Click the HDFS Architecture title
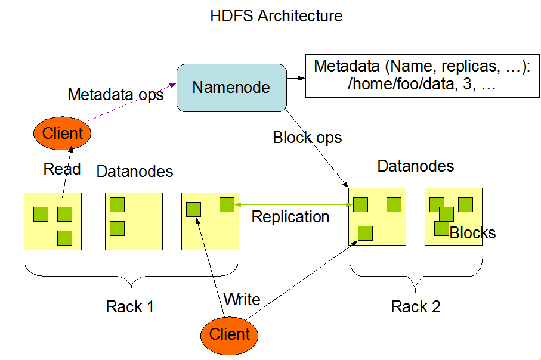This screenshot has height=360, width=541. point(276,16)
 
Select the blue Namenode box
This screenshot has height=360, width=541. point(231,88)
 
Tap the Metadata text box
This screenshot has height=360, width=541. point(422,76)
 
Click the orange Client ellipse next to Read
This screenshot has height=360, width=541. point(63,133)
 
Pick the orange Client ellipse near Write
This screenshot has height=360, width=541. point(230,334)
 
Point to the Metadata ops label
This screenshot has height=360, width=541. point(115,95)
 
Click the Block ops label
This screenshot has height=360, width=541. point(307,138)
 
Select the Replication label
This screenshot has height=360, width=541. point(290,216)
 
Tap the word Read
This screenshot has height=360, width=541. point(62,169)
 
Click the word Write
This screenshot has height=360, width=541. point(242,299)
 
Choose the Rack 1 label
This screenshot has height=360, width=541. point(129,307)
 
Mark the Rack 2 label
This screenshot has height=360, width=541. point(416,307)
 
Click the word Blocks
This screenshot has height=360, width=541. point(472,233)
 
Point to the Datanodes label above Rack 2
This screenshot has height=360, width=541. point(416,166)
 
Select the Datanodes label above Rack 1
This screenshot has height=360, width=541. point(135,172)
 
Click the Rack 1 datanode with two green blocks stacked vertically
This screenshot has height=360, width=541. point(134,221)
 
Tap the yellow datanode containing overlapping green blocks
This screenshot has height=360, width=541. point(453,216)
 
